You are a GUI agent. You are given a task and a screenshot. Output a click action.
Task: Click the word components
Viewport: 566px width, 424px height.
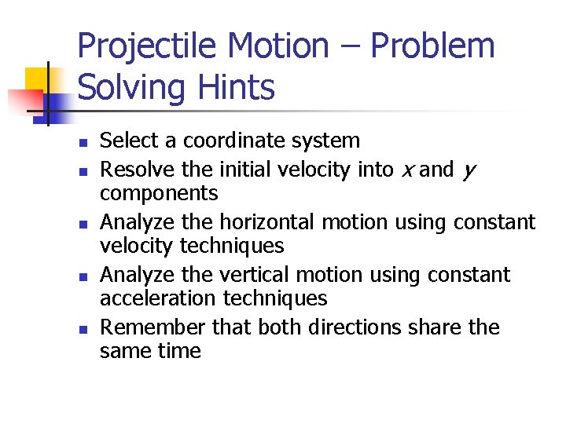tap(159, 194)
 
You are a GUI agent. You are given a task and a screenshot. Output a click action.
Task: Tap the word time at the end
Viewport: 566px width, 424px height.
tap(178, 352)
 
